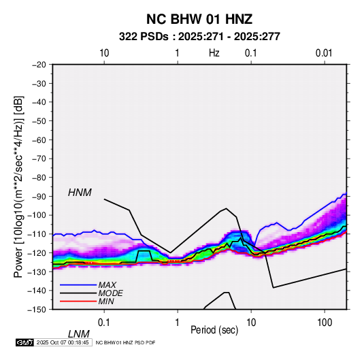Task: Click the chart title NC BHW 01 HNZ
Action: click(199, 19)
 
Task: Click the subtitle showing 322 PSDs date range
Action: click(199, 37)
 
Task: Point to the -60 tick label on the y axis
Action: click(39, 140)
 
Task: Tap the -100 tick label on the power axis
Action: click(37, 215)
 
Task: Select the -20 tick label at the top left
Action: click(39, 65)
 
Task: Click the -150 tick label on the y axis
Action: click(37, 310)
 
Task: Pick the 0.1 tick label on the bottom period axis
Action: click(104, 323)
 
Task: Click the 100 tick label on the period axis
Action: click(325, 323)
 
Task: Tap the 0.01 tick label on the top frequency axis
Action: click(324, 53)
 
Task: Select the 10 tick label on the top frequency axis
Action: click(104, 53)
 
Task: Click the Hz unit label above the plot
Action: click(214, 53)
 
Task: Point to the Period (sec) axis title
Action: click(214, 330)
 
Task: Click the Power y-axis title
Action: click(18, 186)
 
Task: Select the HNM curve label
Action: click(80, 193)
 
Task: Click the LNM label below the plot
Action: click(79, 334)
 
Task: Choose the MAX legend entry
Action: click(107, 284)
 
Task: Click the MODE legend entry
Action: click(110, 293)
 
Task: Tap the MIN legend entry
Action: click(106, 301)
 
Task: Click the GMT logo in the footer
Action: click(24, 342)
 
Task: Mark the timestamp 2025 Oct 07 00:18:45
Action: click(63, 342)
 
